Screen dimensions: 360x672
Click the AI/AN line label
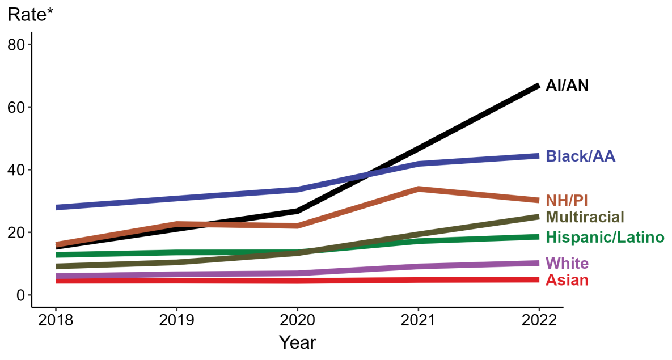[x=567, y=86]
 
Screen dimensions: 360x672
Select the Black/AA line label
[x=580, y=156]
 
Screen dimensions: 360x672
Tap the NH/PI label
[x=567, y=201]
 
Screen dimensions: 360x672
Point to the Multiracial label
[x=585, y=217]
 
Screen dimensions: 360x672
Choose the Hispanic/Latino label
[x=605, y=238]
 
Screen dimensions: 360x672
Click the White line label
[x=567, y=264]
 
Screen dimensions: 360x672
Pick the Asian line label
[x=567, y=281]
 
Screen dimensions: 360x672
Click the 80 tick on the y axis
[x=16, y=45]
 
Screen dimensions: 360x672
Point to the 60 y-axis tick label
[x=16, y=107]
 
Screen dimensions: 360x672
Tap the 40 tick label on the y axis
[x=16, y=170]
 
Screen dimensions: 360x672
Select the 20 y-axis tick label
[x=16, y=232]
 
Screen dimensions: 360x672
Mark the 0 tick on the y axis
[x=20, y=295]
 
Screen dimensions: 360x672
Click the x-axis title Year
[x=297, y=342]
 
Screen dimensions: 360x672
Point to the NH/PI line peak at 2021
[x=418, y=189]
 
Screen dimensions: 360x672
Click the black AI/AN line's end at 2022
[x=538, y=86]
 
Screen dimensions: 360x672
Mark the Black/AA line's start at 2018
[x=57, y=207]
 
